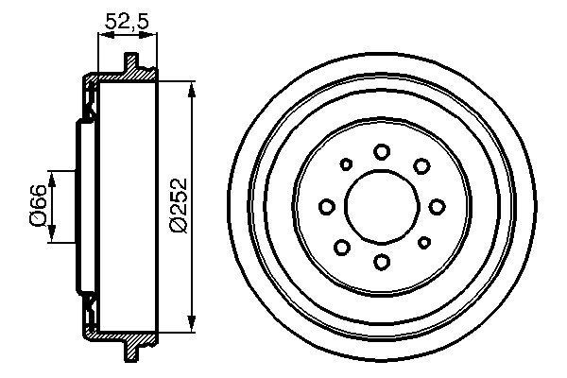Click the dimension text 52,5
(x=129, y=19)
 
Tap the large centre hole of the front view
(x=382, y=206)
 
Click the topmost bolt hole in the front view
(x=382, y=150)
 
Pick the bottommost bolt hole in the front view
(x=382, y=262)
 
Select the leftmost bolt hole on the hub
(x=327, y=206)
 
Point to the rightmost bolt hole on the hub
(x=437, y=206)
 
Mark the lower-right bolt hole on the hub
(x=421, y=247)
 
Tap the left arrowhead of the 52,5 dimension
(x=102, y=35)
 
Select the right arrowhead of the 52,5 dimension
(x=154, y=35)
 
